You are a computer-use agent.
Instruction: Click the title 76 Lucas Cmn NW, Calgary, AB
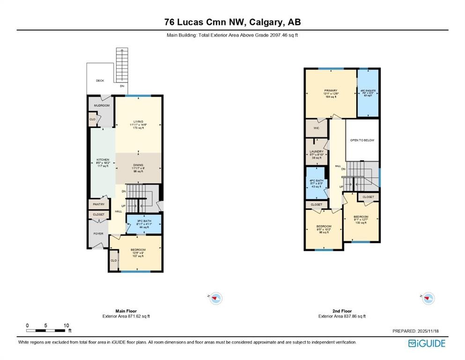click(232, 22)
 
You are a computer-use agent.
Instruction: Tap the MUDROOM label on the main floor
click(101, 105)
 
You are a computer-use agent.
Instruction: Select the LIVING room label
click(138, 121)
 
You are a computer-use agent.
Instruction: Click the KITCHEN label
click(103, 160)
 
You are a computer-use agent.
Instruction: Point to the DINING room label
click(138, 165)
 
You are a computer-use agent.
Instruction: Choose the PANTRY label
click(98, 204)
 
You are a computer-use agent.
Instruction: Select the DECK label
click(100, 81)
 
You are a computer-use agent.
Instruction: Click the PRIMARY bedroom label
click(330, 90)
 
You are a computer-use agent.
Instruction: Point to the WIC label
click(316, 127)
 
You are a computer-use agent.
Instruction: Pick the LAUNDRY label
click(316, 151)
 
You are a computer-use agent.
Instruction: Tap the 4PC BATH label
click(317, 180)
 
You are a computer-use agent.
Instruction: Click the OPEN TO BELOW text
click(362, 140)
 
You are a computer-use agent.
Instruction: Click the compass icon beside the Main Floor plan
click(215, 298)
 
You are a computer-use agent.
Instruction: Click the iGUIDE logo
click(427, 343)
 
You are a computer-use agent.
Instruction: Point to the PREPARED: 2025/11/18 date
click(418, 331)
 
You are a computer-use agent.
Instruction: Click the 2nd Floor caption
click(341, 311)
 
